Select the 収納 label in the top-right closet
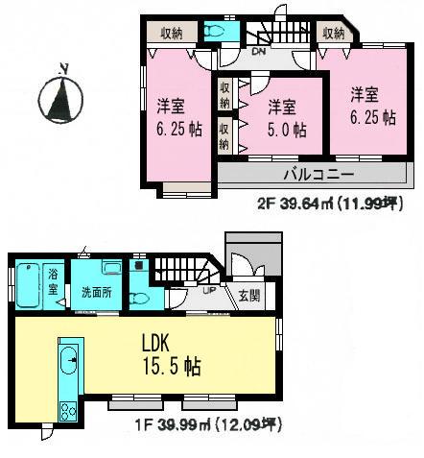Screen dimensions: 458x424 (x=334, y=33)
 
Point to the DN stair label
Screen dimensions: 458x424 (x=258, y=52)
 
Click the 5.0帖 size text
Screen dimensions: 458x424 (x=287, y=130)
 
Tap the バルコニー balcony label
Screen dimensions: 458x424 (x=318, y=175)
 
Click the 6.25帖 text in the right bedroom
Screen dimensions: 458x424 (x=373, y=118)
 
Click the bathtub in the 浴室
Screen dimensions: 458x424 (x=27, y=285)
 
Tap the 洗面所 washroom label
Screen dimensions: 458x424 (x=96, y=293)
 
